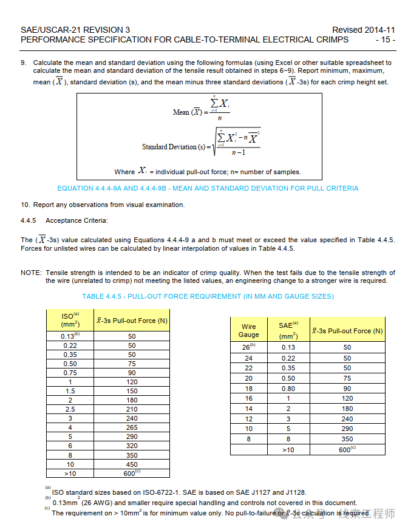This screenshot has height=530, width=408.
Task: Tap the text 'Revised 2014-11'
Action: click(363, 30)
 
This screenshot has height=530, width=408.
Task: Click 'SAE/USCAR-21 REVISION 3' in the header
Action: click(75, 30)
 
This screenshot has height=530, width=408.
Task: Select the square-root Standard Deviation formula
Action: click(237, 143)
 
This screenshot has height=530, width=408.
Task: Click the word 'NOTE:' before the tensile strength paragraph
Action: click(31, 273)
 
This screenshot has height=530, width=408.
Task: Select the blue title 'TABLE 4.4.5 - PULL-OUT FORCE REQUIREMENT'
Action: click(208, 296)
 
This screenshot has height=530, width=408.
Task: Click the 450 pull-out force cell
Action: click(132, 464)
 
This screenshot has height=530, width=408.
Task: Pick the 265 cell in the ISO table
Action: click(132, 427)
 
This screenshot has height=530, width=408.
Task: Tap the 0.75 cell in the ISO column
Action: click(70, 373)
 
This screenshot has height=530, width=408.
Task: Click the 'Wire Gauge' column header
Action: click(248, 330)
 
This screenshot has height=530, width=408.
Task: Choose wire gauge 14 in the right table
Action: click(248, 409)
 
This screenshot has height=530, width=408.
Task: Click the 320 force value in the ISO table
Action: click(132, 446)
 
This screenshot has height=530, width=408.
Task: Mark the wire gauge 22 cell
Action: click(248, 368)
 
